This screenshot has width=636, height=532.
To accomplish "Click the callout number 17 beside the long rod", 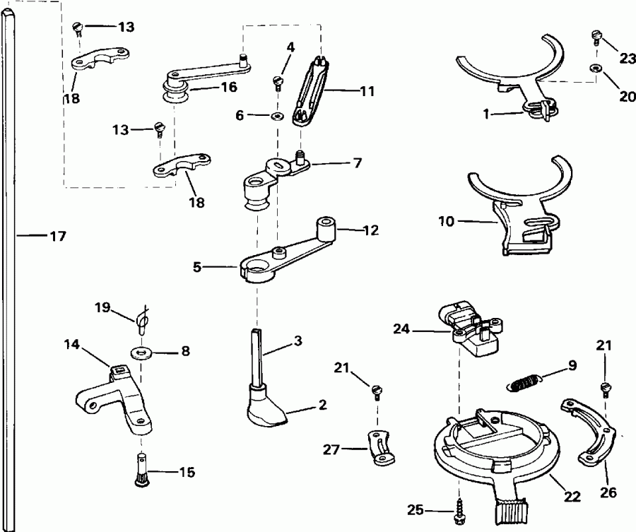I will coord(57,237).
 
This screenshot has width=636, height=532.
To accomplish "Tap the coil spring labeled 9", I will coord(525,382).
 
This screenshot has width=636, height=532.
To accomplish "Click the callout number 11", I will coord(367,91).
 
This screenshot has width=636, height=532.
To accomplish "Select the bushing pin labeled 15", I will coord(141,471).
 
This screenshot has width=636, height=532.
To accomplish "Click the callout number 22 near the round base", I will coord(572,497).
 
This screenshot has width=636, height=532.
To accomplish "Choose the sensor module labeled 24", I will coord(477,328).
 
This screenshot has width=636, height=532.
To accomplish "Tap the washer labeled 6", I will coord(277,114).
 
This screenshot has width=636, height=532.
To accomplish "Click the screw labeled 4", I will coord(277,83).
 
